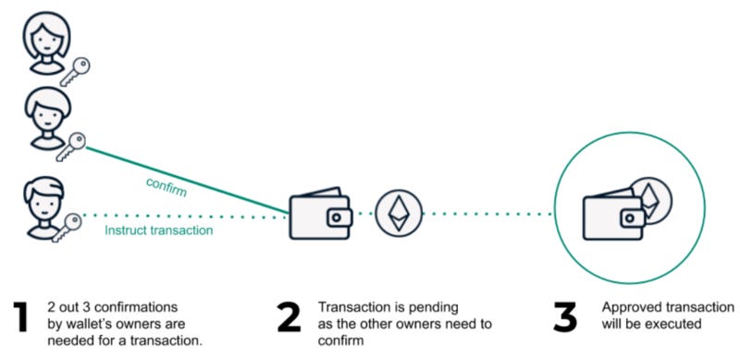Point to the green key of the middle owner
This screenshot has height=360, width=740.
(x=72, y=143)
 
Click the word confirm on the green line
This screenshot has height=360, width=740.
(x=166, y=186)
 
